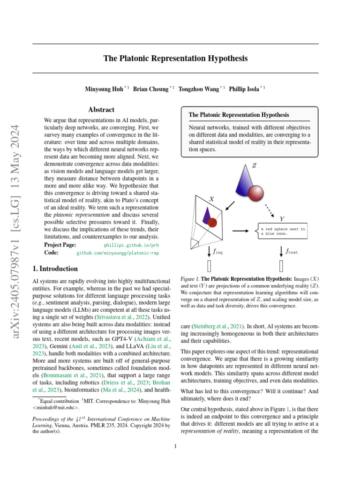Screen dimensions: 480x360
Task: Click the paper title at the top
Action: tap(175, 59)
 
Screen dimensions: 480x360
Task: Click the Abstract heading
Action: tap(101, 110)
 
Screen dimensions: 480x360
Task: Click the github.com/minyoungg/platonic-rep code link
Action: tap(117, 252)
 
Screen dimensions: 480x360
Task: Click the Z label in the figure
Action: tap(255, 165)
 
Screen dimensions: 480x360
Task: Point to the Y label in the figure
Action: tap(281, 218)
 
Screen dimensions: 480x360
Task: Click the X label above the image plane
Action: tap(211, 199)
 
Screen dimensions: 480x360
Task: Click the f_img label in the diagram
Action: tap(217, 252)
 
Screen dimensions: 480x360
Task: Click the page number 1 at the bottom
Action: tap(175, 446)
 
